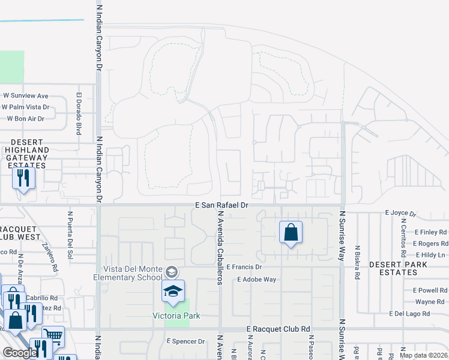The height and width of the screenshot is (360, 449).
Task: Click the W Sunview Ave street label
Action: click(25, 95)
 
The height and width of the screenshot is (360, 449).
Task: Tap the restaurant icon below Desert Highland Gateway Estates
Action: click(23, 178)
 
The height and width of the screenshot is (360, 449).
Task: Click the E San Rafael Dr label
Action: click(222, 205)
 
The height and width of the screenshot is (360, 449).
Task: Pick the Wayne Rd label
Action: click(429, 302)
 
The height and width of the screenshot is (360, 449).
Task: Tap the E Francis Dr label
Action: click(244, 267)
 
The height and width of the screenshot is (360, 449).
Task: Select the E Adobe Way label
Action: click(256, 279)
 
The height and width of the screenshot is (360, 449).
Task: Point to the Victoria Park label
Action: click(175, 315)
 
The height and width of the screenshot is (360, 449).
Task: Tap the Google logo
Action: click(20, 353)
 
